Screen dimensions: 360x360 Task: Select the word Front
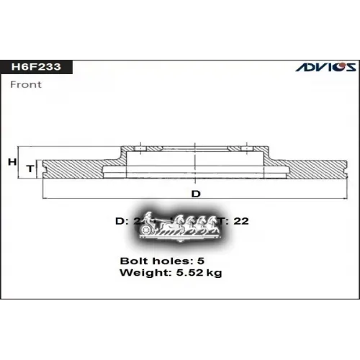click(x=27, y=84)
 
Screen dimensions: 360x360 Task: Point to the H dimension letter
click(x=12, y=163)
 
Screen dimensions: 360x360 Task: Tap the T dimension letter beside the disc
click(x=30, y=168)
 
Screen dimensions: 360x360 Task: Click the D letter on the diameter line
click(x=195, y=194)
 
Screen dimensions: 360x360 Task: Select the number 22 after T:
click(x=241, y=221)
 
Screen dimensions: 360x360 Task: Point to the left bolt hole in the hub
click(x=141, y=149)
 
